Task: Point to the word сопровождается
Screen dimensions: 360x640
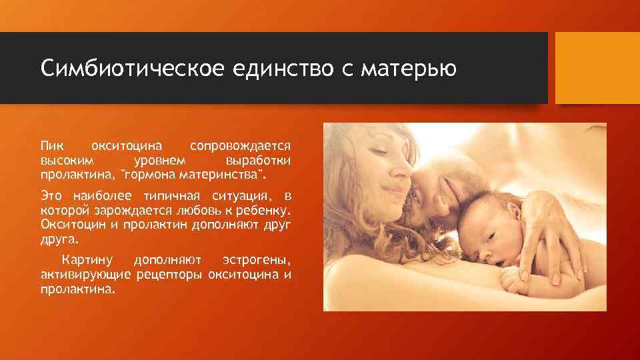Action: pos(240,145)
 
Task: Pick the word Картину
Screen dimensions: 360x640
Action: pos(87,259)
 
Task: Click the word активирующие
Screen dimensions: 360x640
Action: pos(86,274)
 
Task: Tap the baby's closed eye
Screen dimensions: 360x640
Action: pos(492,237)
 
